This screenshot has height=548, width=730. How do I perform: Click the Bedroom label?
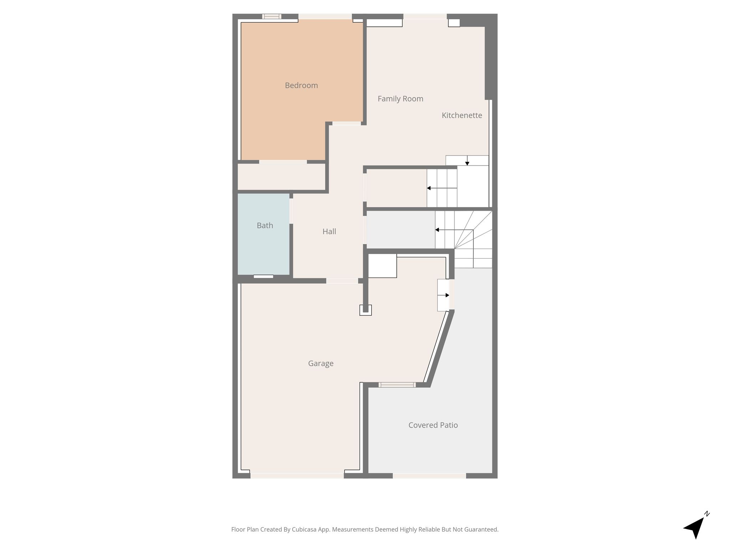click(301, 85)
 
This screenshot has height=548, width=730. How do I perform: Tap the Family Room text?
click(400, 99)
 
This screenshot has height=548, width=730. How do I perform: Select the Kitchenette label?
click(462, 115)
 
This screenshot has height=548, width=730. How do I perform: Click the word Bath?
click(265, 225)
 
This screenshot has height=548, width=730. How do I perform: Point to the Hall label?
click(329, 232)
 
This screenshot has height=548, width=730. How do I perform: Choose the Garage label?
click(321, 364)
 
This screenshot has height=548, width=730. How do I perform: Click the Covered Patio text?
click(433, 425)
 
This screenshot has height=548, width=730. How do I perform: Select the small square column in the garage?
click(365, 310)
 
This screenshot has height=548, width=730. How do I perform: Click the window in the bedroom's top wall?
click(272, 16)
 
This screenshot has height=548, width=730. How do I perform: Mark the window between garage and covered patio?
click(397, 385)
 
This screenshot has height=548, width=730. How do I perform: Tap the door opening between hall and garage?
click(342, 281)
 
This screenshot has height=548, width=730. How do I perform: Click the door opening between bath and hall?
click(291, 211)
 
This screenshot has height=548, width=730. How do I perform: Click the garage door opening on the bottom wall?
click(297, 476)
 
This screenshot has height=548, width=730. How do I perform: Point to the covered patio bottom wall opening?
click(430, 476)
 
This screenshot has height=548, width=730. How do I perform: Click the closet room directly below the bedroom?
click(282, 177)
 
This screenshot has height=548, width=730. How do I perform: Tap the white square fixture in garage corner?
click(382, 266)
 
